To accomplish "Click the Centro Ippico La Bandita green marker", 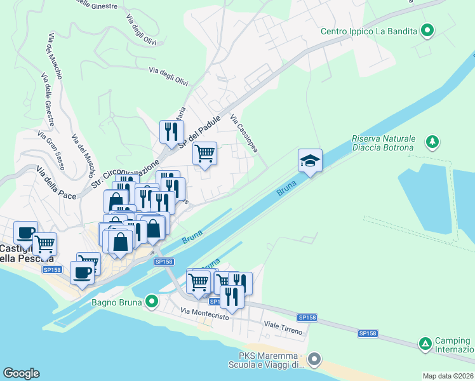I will (427, 30).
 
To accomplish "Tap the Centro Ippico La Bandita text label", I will (369, 30).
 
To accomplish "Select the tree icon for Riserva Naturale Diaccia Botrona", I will (432, 141).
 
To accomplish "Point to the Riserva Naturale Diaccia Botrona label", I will (384, 144).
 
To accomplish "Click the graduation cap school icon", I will (311, 161).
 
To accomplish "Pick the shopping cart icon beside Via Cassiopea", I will (204, 154).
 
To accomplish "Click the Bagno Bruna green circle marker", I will (151, 301).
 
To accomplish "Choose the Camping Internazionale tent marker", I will (425, 344).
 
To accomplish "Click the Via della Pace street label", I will (56, 182).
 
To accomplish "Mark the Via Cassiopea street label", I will (244, 133).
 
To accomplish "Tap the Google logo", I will (21, 373).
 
